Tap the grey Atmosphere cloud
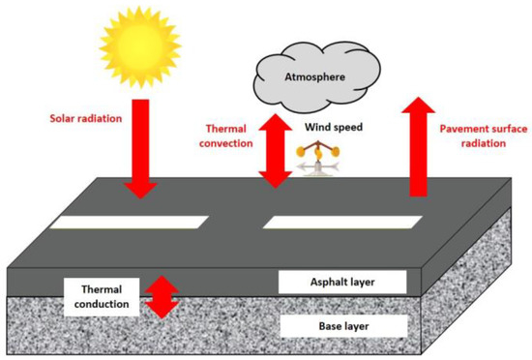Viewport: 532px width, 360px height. click(x=305, y=74)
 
